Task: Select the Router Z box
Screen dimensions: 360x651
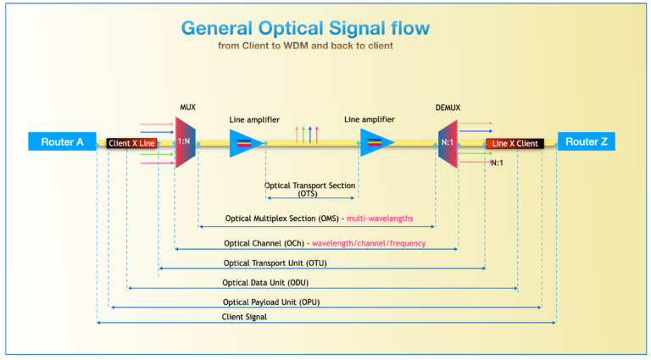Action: [x=586, y=142]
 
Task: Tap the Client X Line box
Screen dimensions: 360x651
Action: [x=131, y=144]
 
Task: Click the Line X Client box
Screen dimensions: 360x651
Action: [x=515, y=144]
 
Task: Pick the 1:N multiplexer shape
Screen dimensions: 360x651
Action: [x=185, y=142]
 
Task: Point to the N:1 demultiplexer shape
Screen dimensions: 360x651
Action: [x=448, y=142]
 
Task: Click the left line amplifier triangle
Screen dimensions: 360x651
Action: [x=246, y=143]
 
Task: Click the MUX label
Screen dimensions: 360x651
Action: [x=188, y=108]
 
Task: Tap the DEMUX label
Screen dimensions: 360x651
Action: [x=448, y=108]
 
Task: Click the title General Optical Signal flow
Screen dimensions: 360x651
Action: [x=305, y=28]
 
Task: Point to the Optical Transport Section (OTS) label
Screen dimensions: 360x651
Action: [x=309, y=189]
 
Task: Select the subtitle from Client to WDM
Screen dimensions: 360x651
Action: [x=305, y=46]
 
